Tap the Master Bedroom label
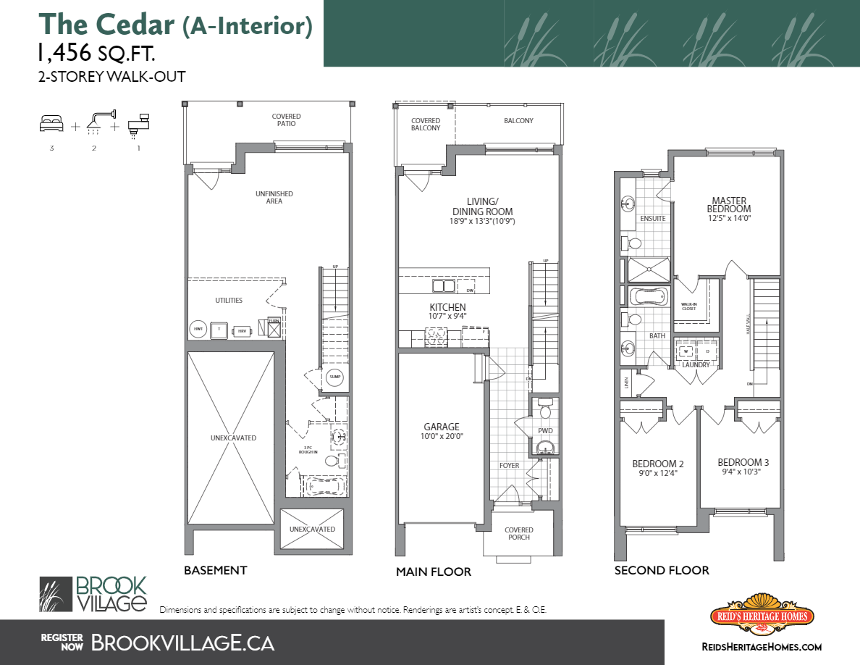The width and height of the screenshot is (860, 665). coord(728,205)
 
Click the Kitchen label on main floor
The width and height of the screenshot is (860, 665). coord(447,307)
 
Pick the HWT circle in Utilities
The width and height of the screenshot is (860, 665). coord(197,330)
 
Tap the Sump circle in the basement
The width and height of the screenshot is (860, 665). coord(334,377)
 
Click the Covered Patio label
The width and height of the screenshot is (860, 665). coord(286,120)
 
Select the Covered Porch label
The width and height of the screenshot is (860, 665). coord(518,533)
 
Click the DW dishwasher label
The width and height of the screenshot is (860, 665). coord(470,290)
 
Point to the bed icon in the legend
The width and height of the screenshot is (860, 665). coord(51,124)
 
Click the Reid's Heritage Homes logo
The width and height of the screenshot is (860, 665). coord(761,616)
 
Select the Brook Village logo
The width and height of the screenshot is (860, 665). coord(93,594)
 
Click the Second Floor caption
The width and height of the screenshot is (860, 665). coord(662,570)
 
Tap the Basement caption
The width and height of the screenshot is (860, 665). coord(215,570)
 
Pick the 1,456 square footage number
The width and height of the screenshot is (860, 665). coord(64,53)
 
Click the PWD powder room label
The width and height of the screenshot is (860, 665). coord(545,430)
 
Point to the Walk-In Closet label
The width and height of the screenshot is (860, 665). coord(688,306)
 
